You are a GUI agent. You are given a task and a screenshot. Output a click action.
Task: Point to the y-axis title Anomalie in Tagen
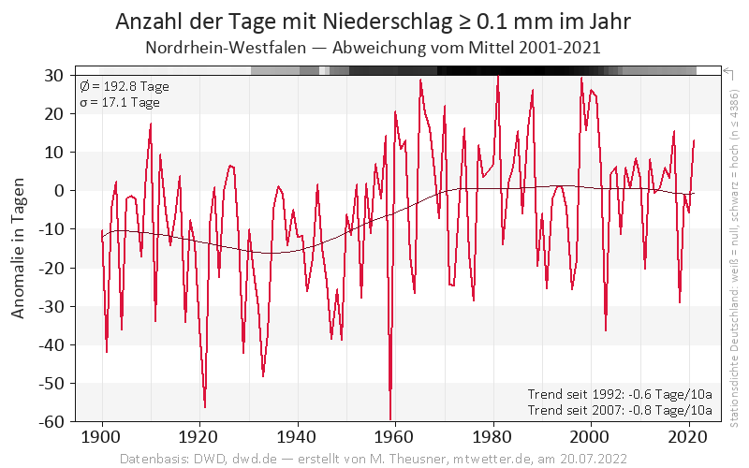click(x=19, y=248)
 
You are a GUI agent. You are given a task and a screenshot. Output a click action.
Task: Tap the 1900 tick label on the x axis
click(x=102, y=436)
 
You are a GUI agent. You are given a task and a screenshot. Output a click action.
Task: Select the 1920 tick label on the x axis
click(x=199, y=436)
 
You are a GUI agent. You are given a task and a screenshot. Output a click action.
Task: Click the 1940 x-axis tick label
click(x=298, y=436)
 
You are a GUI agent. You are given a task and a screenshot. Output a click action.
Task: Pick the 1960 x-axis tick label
click(x=395, y=436)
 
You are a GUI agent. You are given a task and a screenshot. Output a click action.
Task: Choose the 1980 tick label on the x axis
click(x=493, y=436)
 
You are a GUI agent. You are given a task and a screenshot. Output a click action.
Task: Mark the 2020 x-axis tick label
click(x=688, y=436)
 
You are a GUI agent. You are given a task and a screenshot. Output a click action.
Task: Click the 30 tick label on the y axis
click(x=54, y=75)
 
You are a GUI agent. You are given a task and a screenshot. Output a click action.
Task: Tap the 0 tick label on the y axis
click(x=58, y=190)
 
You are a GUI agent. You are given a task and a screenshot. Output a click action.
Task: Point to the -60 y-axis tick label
click(x=51, y=421)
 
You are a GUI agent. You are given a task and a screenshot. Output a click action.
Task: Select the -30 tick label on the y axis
click(x=51, y=306)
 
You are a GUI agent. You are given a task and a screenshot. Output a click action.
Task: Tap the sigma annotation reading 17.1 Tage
click(x=119, y=102)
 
